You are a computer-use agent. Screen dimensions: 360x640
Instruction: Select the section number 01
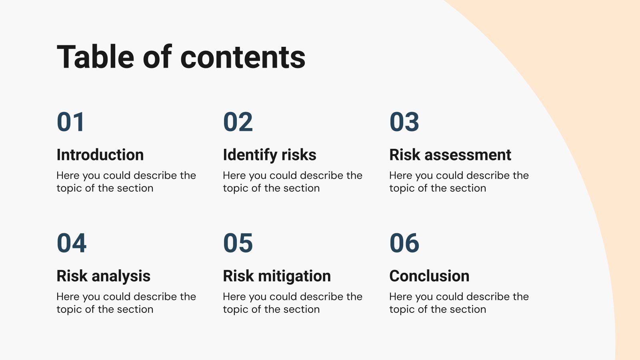point(71,122)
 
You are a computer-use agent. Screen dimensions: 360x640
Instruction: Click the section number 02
point(238,122)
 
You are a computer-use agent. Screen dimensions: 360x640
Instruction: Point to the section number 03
point(404,122)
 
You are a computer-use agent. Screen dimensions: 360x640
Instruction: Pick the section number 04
point(72,243)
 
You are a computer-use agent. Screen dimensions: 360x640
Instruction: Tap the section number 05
point(238,243)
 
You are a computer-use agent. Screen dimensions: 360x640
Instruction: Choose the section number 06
point(404,243)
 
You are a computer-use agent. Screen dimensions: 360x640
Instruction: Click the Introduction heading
point(100,155)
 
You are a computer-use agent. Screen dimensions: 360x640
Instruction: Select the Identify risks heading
point(270,155)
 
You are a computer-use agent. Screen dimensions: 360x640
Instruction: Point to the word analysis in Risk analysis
point(121,276)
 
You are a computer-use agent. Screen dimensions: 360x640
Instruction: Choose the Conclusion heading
point(429,276)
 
